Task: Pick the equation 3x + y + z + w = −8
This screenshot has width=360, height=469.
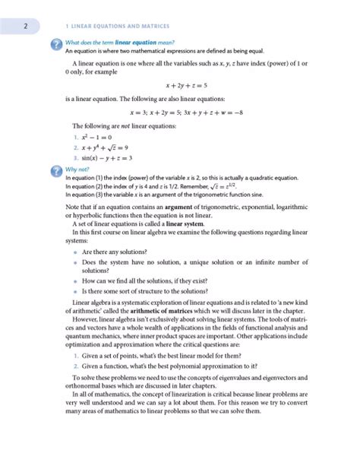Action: [242, 110]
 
